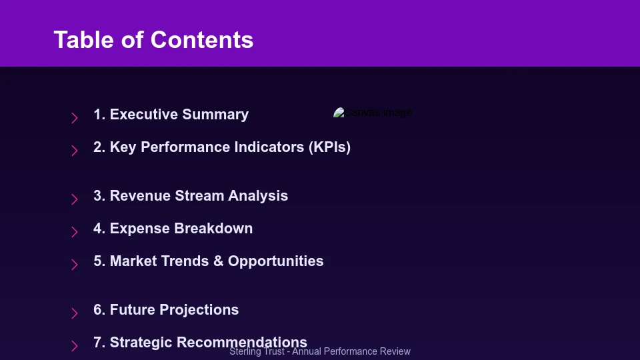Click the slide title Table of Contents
(x=153, y=40)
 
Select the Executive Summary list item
(x=171, y=115)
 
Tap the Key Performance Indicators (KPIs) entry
(x=222, y=147)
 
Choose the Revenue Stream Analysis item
(x=191, y=196)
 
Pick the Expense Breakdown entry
(x=173, y=229)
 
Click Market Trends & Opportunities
(x=208, y=261)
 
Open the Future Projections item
(x=166, y=310)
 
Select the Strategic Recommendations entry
(x=200, y=342)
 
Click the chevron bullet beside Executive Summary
(x=75, y=118)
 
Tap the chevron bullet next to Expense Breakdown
(x=75, y=232)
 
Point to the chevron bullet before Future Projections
(x=75, y=313)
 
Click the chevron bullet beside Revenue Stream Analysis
(x=75, y=199)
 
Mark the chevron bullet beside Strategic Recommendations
(x=75, y=346)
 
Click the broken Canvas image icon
(x=339, y=113)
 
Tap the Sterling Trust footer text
(x=320, y=352)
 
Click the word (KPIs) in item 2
(x=329, y=147)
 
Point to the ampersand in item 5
(x=218, y=261)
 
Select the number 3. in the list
(x=99, y=196)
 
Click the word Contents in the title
(x=202, y=40)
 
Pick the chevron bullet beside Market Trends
(x=75, y=265)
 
